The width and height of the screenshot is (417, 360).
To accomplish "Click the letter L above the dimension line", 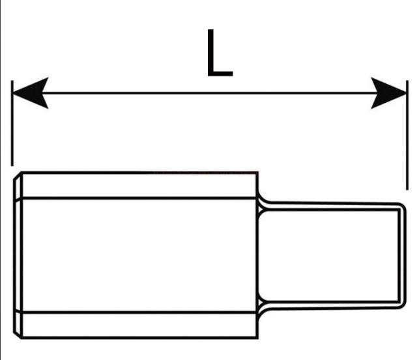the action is [220, 53].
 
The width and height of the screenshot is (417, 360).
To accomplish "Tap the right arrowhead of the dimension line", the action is [388, 93].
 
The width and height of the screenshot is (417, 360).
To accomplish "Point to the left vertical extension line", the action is [12, 123].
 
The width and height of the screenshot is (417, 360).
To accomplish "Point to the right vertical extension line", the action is [407, 135].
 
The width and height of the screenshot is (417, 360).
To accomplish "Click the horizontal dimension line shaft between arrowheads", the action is [210, 93].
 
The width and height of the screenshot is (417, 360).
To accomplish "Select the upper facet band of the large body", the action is [139, 186].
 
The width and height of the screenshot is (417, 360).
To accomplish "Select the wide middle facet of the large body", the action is [139, 255].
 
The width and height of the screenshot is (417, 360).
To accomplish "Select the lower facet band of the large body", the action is [139, 325].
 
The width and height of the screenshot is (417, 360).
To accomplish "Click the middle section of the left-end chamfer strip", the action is [18, 255].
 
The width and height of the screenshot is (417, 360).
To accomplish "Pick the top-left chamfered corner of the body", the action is [18, 176].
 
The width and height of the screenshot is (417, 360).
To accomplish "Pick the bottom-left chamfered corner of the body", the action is [18, 335].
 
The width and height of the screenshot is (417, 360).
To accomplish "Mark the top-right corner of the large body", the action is [257, 173].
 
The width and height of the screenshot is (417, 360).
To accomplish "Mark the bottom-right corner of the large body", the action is [257, 338].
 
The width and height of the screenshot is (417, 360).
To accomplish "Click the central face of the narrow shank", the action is [328, 256].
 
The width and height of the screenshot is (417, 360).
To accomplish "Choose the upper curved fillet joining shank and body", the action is [262, 201].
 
